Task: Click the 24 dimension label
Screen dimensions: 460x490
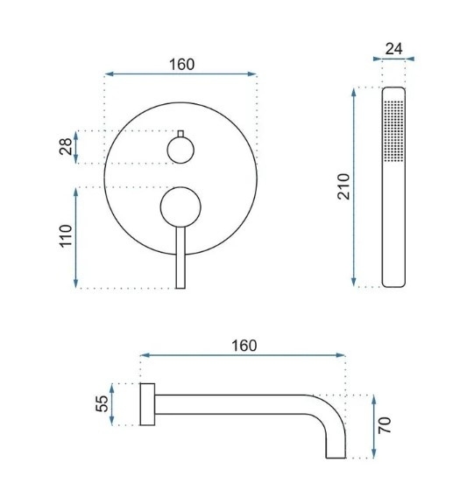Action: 393,49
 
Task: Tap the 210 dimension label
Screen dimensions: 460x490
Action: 343,186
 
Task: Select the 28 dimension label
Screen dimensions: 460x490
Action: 66,147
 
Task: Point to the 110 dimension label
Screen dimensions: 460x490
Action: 66,236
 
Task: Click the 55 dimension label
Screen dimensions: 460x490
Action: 102,404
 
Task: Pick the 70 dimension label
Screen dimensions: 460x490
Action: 385,425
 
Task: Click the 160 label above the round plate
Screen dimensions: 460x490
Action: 182,65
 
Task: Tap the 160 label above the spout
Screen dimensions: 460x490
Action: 244,346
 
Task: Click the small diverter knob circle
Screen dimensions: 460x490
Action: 180,150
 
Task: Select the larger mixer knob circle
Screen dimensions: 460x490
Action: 180,206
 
